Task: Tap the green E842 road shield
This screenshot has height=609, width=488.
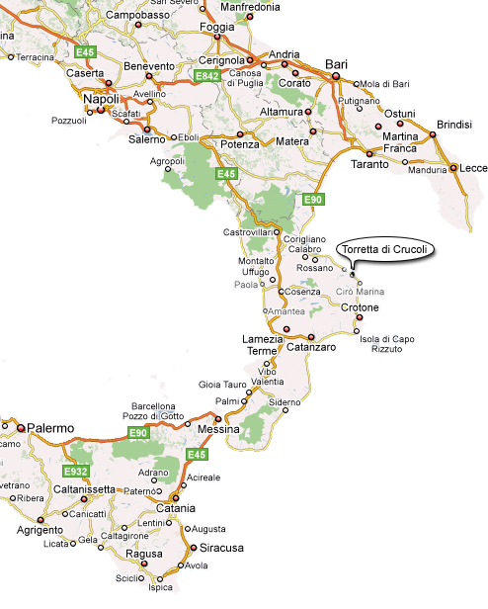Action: tap(208, 76)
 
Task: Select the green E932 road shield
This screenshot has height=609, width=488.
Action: tap(75, 471)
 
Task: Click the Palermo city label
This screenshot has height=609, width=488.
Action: tap(50, 429)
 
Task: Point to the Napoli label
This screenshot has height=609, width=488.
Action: tap(102, 100)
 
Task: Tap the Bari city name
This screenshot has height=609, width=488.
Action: tap(337, 64)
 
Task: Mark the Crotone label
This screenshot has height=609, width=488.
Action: tap(361, 307)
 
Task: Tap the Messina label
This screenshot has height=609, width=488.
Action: tap(217, 430)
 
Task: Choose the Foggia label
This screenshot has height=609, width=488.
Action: tap(216, 27)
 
